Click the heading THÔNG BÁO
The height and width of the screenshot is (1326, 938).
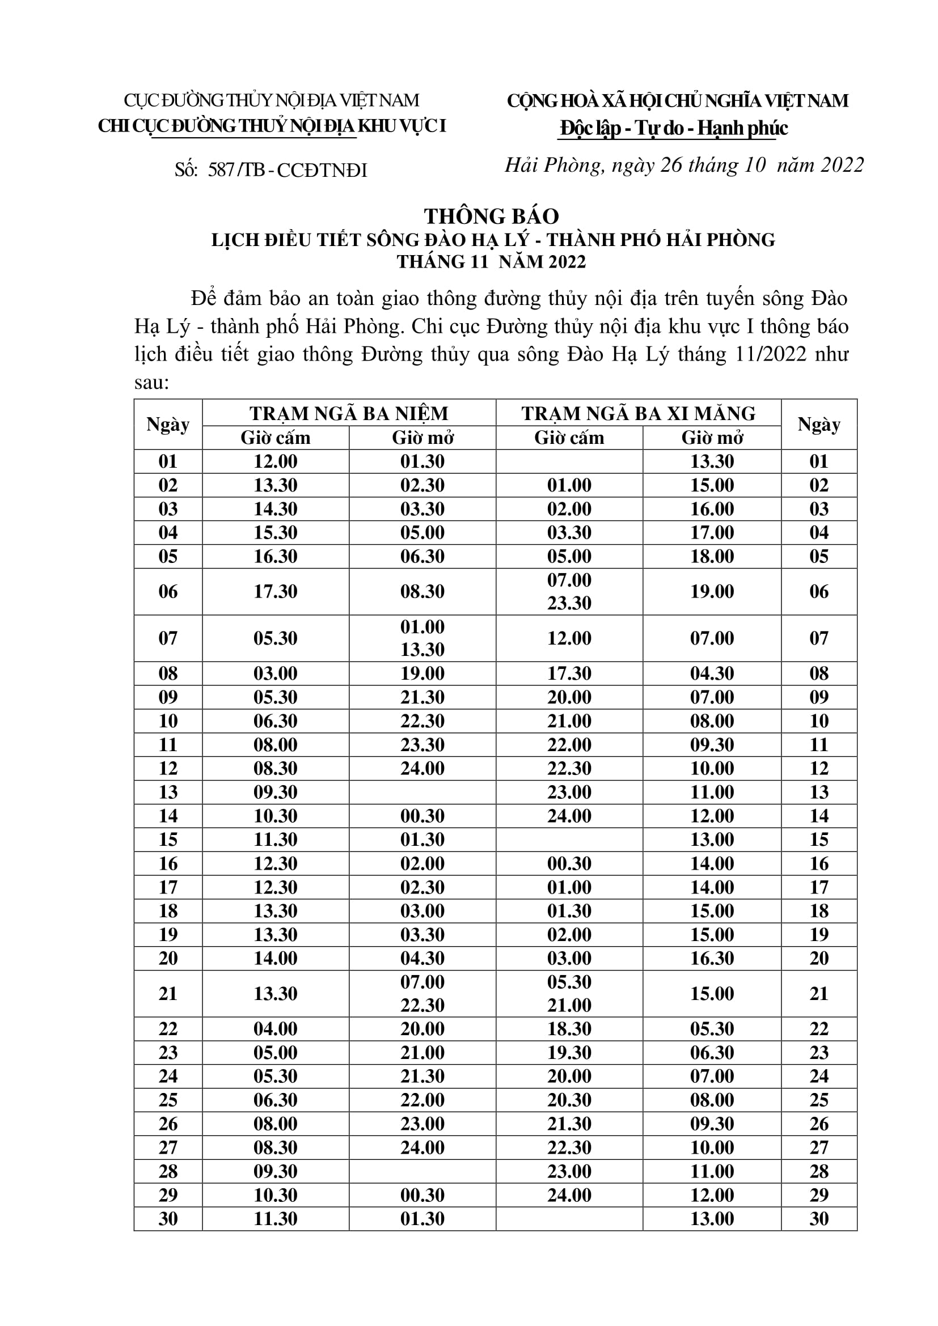coord(492,217)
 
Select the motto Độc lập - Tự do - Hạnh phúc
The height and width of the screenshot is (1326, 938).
coord(674,128)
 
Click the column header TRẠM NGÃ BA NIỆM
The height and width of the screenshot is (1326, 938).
coord(349,413)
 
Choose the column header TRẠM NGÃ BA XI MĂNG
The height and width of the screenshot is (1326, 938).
coord(638,413)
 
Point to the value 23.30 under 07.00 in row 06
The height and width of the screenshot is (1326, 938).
coord(569,603)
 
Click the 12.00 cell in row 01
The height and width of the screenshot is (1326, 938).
coord(276,461)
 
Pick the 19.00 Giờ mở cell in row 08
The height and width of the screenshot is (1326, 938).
coord(422,673)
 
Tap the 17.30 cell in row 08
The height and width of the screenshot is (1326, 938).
coord(569,673)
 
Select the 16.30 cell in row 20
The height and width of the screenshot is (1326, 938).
coord(712,958)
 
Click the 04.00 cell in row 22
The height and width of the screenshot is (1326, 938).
coord(276,1028)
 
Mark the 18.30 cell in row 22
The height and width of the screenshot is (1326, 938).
coord(569,1028)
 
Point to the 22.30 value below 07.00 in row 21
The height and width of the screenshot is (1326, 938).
coord(422,1005)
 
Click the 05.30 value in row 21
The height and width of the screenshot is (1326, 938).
coord(569,982)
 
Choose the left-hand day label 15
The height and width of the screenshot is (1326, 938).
coord(168,839)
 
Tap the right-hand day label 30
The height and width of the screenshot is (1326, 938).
coord(819,1219)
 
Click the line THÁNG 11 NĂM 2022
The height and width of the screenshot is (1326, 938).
coord(492,262)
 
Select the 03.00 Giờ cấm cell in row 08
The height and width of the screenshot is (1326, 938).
coord(276,673)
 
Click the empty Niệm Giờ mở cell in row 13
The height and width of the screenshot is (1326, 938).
coord(422,792)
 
